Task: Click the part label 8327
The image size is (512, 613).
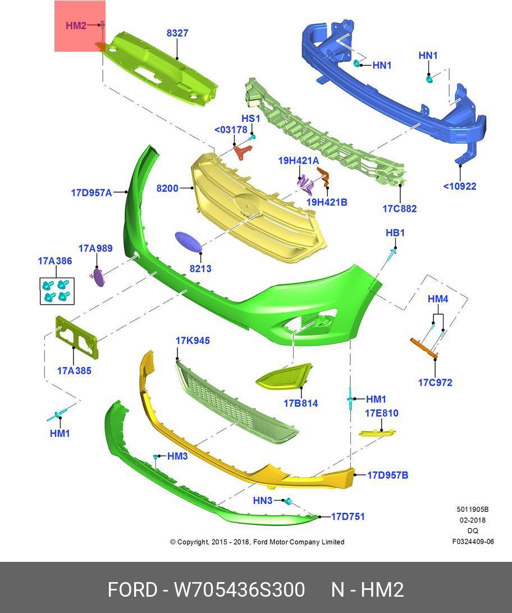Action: coord(177,33)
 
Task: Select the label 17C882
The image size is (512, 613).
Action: coord(399,208)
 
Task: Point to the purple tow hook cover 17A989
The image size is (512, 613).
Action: coord(98,276)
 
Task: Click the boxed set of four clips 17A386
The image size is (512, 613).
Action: coord(57,290)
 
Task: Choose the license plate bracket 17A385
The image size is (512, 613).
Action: coord(76,337)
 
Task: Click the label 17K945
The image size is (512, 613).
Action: coord(193,340)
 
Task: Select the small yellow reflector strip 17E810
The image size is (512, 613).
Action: coord(377,433)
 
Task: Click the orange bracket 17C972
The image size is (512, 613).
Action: coord(424,348)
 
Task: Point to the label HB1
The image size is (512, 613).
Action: coord(395,233)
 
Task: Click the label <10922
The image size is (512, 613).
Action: coord(459,186)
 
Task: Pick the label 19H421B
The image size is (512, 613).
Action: coord(326,202)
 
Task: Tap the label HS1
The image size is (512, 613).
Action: coord(250,119)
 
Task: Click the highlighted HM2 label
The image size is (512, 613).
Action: coord(76,25)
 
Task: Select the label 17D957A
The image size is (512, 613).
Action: coord(91,193)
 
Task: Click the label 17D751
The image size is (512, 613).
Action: coord(348,516)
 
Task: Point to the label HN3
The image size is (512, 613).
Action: coord(262,501)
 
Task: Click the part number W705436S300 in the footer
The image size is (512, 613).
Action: coord(239,590)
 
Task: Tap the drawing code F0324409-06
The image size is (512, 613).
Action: coord(473,542)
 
